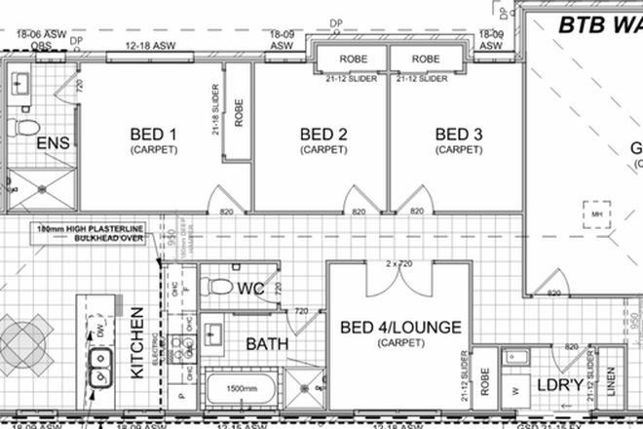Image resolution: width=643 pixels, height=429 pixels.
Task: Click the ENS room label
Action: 53,144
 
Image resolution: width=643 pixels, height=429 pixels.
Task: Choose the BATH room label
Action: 265,344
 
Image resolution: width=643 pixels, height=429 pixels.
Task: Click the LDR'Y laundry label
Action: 559,387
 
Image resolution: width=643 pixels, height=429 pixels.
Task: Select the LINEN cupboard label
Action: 611,383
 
